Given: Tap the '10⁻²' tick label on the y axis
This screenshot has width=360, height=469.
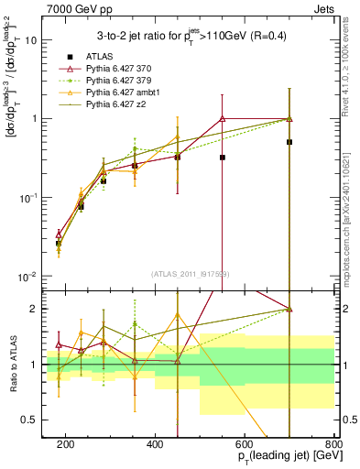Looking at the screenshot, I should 27,277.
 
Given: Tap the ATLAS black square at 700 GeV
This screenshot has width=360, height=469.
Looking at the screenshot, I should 289,142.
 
